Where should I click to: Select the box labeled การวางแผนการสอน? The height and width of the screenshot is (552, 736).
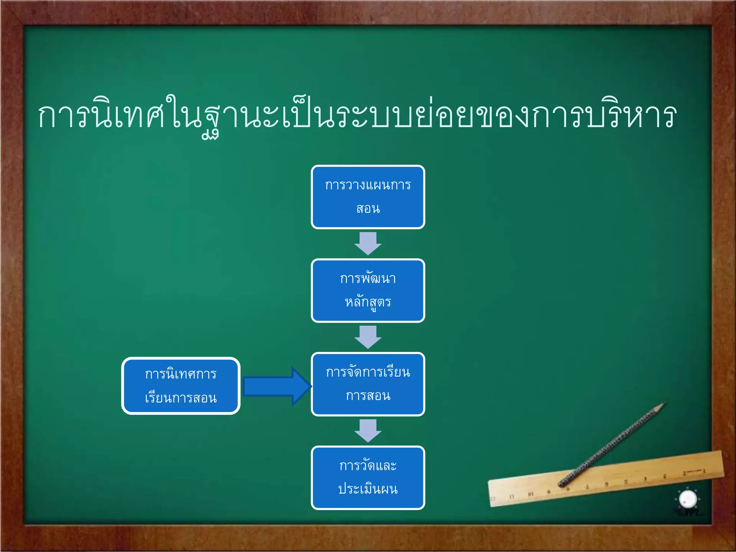click(x=368, y=197)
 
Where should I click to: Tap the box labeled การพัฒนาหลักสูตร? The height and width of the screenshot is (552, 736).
click(x=368, y=290)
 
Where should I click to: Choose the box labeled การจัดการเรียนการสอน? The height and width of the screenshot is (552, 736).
click(x=368, y=384)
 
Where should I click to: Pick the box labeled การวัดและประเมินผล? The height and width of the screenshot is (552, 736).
click(x=368, y=478)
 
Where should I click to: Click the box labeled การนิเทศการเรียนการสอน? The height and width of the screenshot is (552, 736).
click(x=181, y=386)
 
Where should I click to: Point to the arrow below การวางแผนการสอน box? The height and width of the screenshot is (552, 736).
click(x=368, y=243)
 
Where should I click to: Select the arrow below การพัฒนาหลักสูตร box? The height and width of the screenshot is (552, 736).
click(x=368, y=337)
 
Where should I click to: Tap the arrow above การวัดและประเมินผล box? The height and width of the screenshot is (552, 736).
click(x=368, y=430)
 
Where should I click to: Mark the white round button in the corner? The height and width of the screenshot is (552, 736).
click(x=688, y=499)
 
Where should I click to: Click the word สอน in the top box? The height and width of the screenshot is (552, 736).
click(x=368, y=208)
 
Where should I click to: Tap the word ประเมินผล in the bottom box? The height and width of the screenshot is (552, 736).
click(x=368, y=489)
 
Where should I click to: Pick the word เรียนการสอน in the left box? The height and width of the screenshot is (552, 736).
click(x=181, y=398)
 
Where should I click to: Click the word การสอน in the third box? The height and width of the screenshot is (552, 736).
click(x=368, y=396)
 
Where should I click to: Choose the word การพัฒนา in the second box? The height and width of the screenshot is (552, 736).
click(x=368, y=279)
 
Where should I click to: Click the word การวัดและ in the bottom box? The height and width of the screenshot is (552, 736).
click(x=368, y=466)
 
